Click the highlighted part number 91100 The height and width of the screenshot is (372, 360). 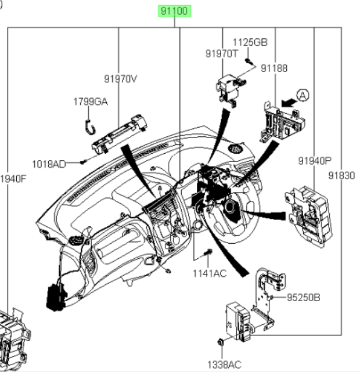tap(174, 11)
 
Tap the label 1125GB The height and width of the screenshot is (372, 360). tap(250, 42)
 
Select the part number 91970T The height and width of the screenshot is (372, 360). tap(221, 54)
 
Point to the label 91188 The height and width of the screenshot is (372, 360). tap(274, 68)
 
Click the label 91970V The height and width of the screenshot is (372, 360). tap(121, 79)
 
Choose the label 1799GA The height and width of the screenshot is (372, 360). tap(91, 102)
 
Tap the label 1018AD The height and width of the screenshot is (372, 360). tap(49, 164)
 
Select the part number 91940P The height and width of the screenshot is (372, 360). tap(315, 161)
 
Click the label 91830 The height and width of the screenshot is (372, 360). tap(341, 176)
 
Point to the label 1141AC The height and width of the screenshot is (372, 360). tap(210, 273)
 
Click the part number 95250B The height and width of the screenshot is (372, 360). tap(304, 298)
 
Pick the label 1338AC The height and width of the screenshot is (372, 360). tap(224, 364)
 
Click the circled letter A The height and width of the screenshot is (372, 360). tap(303, 95)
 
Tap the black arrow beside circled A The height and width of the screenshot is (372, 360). tap(289, 103)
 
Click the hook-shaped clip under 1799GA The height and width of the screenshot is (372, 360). tap(90, 128)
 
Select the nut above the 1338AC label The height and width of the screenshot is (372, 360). tap(221, 342)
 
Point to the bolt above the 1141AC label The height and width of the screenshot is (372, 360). tap(208, 252)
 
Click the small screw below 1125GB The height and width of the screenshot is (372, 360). tap(249, 62)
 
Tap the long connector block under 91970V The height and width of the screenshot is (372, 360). tap(120, 134)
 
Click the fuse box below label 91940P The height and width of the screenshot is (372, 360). tap(308, 216)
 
